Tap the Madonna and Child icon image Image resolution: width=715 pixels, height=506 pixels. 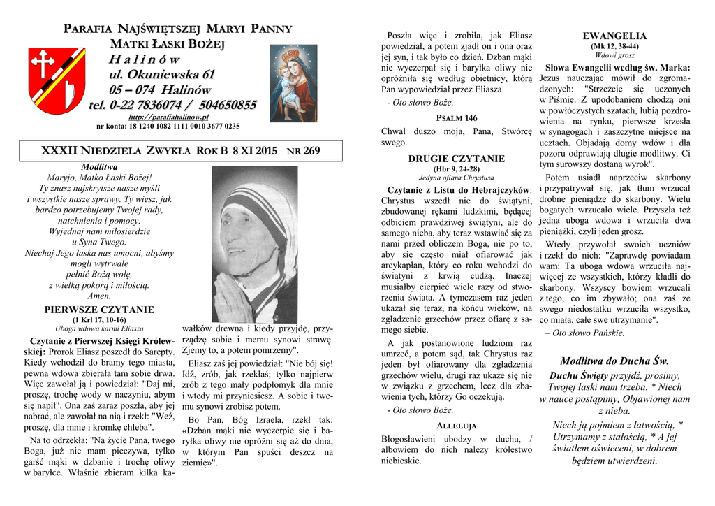point(293,82)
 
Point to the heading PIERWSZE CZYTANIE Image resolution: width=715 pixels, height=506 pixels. point(99,309)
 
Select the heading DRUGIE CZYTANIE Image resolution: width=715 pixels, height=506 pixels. point(456,159)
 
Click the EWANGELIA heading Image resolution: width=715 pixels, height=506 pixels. point(614,36)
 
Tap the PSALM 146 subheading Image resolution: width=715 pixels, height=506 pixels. point(457,117)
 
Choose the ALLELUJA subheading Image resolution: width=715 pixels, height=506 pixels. point(456,425)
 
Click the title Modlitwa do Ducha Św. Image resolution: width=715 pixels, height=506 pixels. point(614,361)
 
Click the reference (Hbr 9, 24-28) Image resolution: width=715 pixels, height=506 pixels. point(456,168)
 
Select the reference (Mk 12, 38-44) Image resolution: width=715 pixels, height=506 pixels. point(614,46)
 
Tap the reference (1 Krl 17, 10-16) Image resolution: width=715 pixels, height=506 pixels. point(99,319)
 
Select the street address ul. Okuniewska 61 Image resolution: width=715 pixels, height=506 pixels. point(161,75)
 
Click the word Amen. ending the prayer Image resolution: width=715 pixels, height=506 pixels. point(99,296)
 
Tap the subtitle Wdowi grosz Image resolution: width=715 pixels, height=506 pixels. point(614,55)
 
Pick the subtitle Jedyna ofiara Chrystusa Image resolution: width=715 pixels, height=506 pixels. point(456,178)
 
